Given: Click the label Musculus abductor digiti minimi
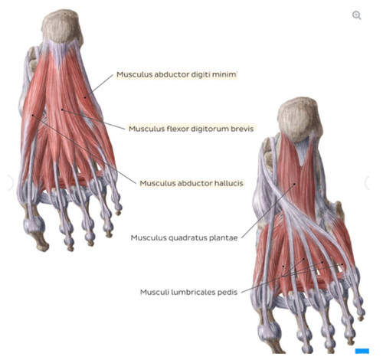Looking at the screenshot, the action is [x=177, y=74].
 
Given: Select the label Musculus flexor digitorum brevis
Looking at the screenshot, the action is [x=191, y=129].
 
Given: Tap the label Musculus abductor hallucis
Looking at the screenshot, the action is [x=191, y=183].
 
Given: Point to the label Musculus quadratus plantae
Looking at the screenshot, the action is [x=184, y=237].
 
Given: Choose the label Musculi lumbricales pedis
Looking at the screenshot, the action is [x=188, y=292].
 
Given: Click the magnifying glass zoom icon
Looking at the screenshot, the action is [x=357, y=15].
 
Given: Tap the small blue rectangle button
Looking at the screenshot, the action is [x=362, y=351].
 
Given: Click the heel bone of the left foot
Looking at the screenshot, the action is [x=62, y=27].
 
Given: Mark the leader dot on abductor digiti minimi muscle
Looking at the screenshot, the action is [x=85, y=97].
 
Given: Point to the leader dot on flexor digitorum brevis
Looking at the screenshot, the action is [x=62, y=110].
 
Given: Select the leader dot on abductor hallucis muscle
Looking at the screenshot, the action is [x=33, y=115].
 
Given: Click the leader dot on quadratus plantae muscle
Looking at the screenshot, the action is [x=294, y=184].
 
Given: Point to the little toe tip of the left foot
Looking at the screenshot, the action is [x=118, y=212].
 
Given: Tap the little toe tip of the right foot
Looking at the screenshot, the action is [x=360, y=318].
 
